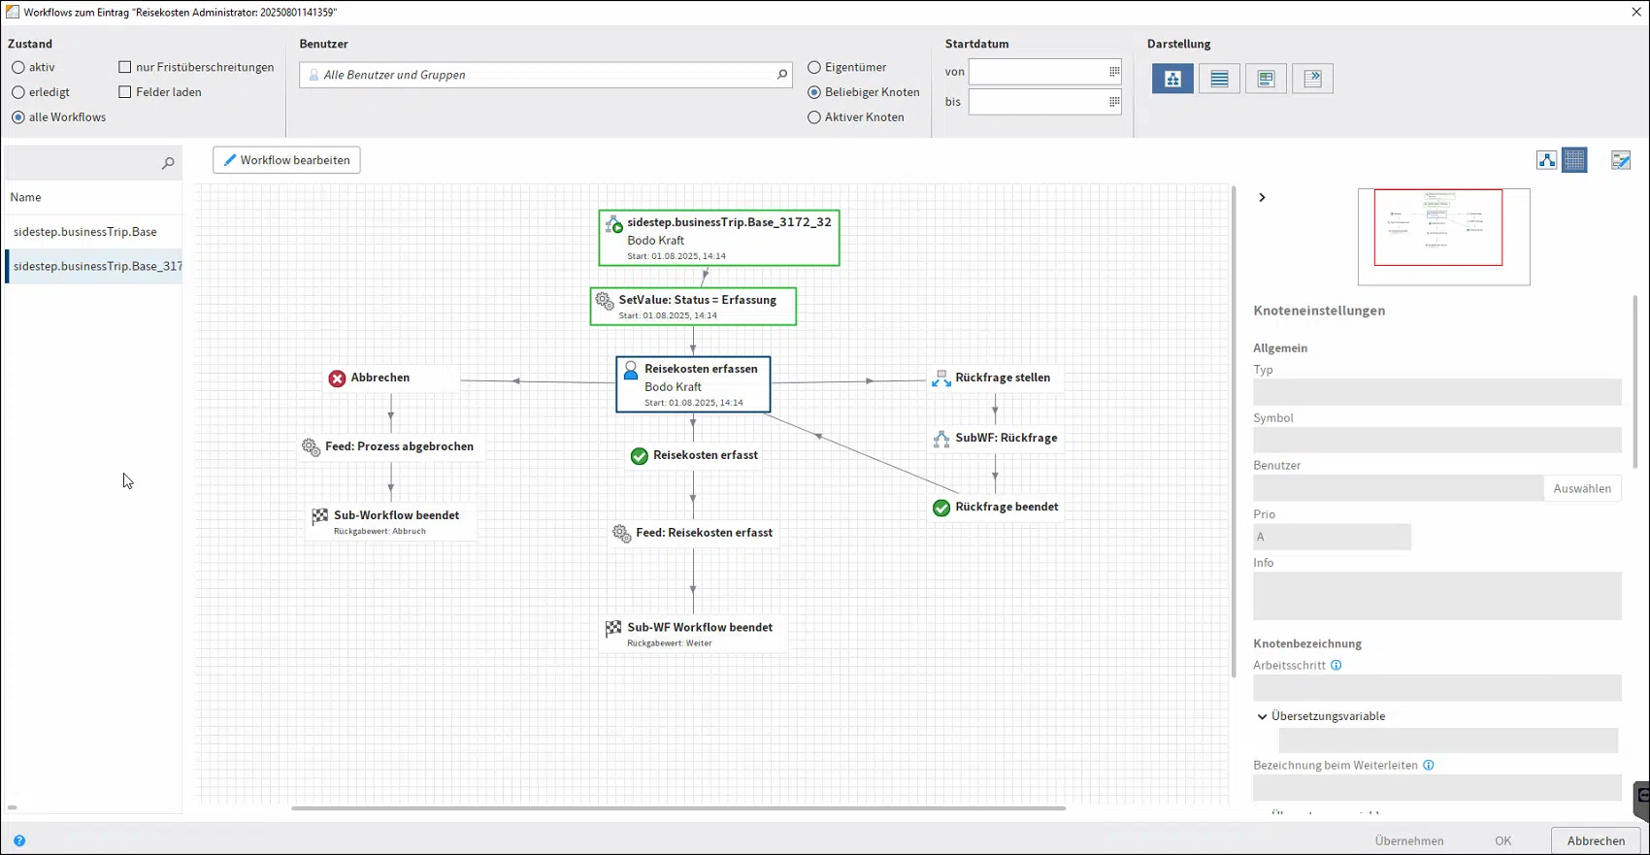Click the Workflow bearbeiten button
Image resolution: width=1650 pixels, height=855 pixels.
286,160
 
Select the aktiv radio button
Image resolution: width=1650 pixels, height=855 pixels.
18,67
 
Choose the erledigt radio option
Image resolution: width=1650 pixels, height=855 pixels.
18,92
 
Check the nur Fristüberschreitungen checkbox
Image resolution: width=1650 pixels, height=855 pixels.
124,67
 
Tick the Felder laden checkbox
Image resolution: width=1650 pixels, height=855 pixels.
124,92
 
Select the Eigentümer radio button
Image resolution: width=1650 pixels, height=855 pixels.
814,67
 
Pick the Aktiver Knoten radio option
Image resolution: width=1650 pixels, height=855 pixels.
814,117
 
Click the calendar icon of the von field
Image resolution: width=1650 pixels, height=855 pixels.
1114,72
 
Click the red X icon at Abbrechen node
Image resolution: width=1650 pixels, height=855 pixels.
337,378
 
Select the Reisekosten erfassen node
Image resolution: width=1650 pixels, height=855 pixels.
693,384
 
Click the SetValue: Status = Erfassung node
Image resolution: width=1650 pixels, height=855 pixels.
693,307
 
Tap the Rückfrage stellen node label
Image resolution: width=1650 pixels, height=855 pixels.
1003,378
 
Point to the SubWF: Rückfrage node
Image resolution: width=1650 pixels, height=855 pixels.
995,439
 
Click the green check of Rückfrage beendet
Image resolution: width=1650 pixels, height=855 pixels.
940,509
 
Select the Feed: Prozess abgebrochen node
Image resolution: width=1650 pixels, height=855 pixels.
389,446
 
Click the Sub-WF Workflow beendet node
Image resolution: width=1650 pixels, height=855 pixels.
692,634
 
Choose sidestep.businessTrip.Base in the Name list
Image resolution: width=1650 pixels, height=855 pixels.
85,231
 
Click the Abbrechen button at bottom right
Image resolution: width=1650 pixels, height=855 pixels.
1596,840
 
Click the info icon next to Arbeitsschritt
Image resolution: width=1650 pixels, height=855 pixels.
1336,665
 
